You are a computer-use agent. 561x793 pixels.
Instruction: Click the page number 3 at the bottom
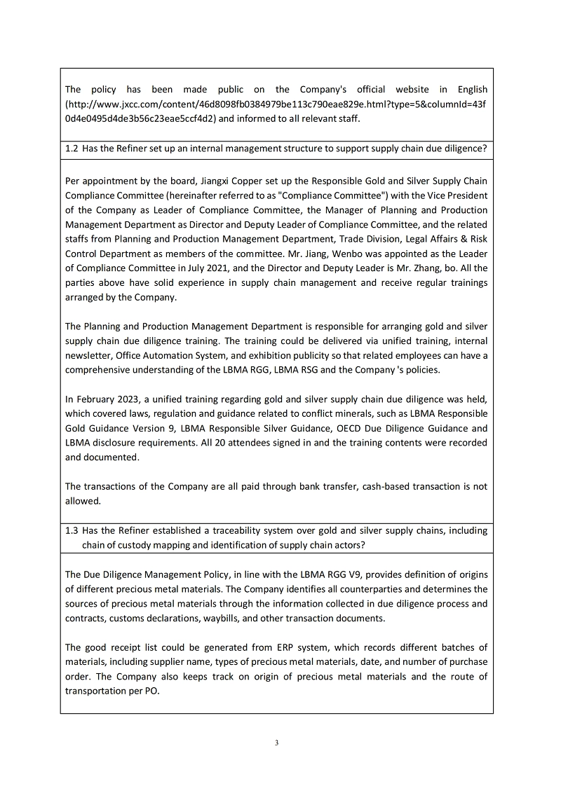pos(277,743)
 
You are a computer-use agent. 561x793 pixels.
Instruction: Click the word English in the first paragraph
pos(472,90)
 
